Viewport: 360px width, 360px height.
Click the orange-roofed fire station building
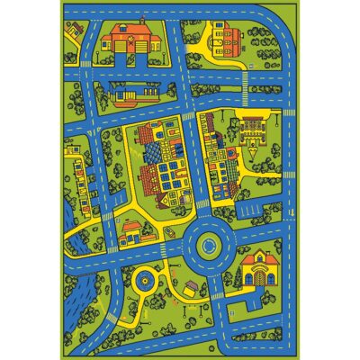tap(123, 40)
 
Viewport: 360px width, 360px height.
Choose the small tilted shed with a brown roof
tap(190, 287)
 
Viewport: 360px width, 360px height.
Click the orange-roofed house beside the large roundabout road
tap(132, 232)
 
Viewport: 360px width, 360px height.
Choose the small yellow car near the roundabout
tap(169, 231)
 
